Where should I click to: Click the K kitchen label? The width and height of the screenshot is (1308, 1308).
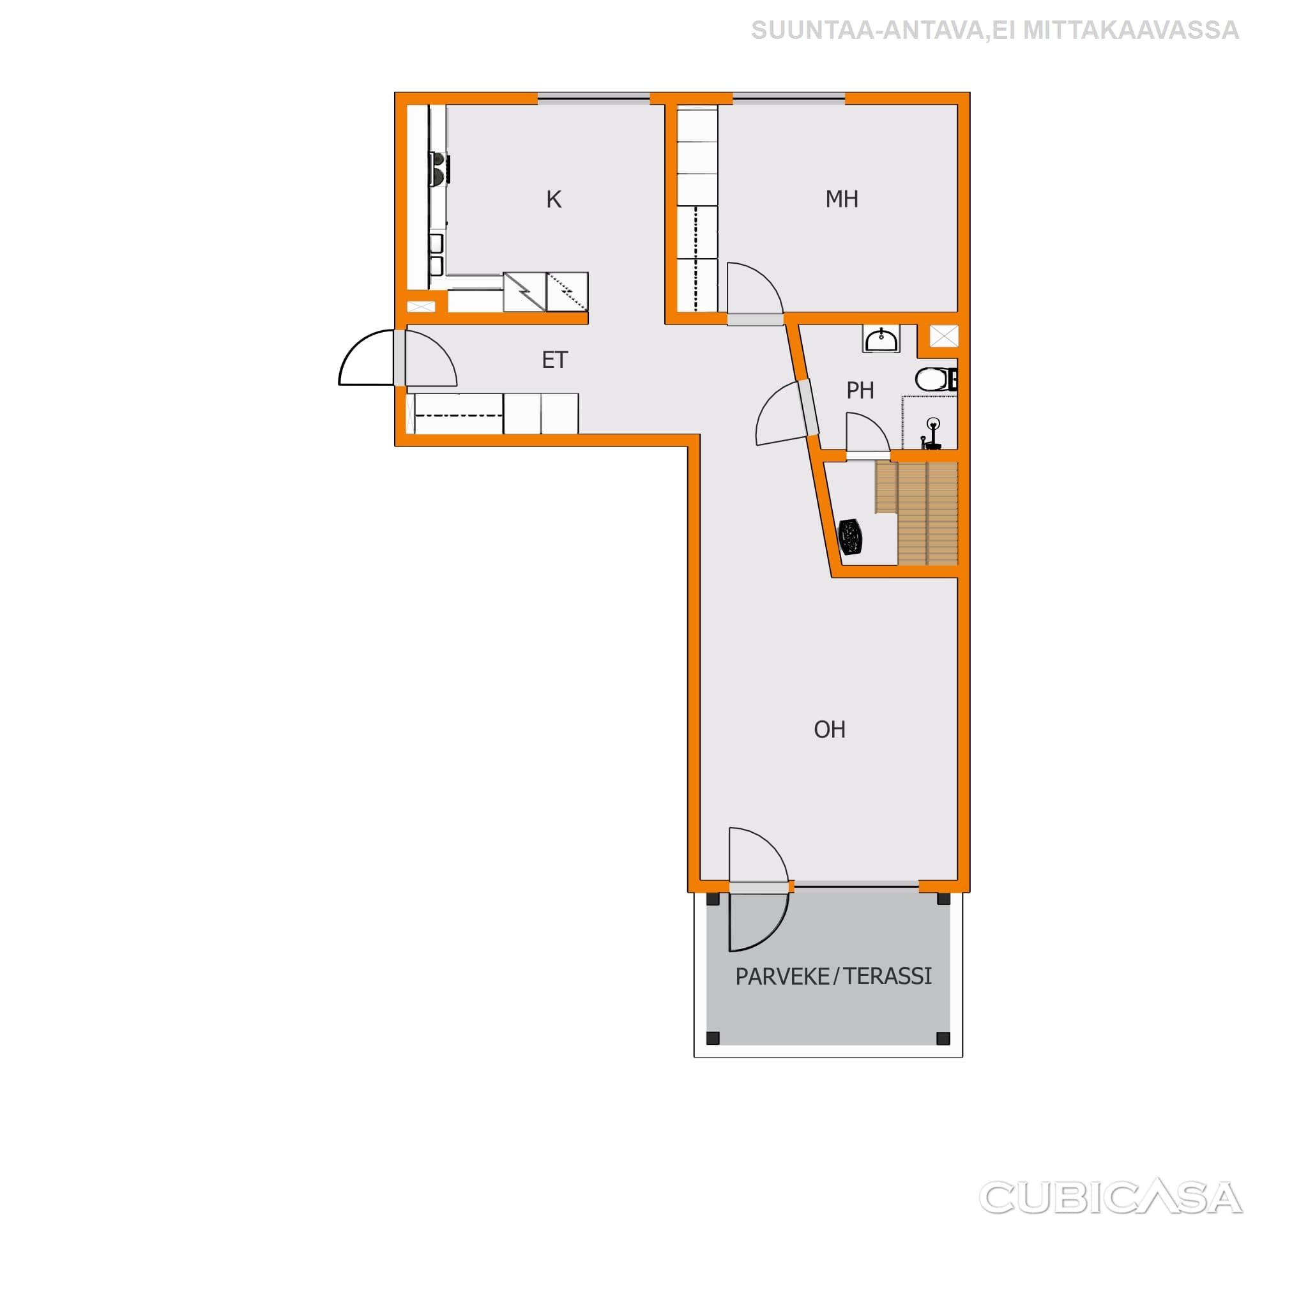[554, 200]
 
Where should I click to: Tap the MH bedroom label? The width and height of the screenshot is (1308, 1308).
[842, 199]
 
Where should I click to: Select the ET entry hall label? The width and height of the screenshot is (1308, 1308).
[554, 360]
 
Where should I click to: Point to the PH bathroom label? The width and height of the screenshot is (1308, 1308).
[860, 391]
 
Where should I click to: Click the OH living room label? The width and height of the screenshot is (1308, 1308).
[830, 729]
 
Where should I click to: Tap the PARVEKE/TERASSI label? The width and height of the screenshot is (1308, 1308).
[833, 977]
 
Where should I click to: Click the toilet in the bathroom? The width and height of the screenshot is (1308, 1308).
[936, 379]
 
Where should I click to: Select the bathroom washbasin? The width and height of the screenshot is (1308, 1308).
[881, 339]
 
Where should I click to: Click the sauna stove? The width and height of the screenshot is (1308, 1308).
[850, 538]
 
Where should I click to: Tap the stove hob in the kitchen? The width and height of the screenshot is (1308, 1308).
[439, 169]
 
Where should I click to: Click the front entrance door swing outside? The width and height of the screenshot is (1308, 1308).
[366, 358]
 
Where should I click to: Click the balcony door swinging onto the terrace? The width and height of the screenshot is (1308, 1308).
[759, 922]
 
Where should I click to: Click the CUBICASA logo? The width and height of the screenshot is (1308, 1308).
[1110, 1198]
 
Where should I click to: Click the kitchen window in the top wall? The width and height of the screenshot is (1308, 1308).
[594, 99]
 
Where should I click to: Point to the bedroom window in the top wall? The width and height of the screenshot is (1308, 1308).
[789, 99]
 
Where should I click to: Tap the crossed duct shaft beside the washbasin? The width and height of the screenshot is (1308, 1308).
[944, 336]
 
